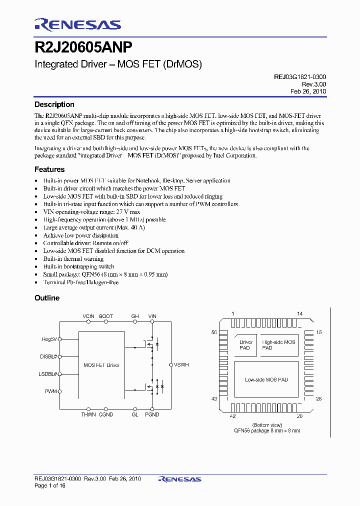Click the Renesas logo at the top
(77, 24)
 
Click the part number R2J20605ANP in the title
(83, 47)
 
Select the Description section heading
(54, 104)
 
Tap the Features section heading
(49, 170)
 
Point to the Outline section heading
(46, 298)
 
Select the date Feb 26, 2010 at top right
(308, 91)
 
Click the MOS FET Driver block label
(101, 365)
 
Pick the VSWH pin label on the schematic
(181, 365)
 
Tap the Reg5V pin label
(49, 339)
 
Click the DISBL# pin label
(49, 356)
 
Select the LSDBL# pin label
(48, 374)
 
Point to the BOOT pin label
(106, 316)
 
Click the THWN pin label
(88, 414)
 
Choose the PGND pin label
(152, 414)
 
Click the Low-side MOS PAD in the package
(266, 379)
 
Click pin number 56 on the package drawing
(214, 332)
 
